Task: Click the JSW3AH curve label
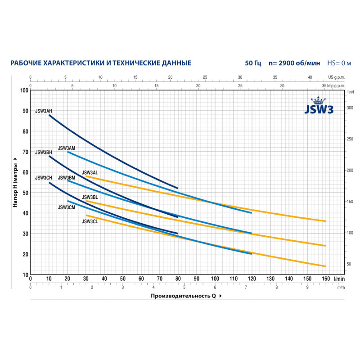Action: coord(43,111)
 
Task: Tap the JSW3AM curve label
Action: coord(67,148)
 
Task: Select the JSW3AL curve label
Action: coord(90,172)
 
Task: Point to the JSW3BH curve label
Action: coord(43,152)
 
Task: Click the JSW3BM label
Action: coord(67,178)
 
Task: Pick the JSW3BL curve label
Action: coord(90,198)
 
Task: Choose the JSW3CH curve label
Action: coord(43,178)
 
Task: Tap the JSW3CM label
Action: coord(67,207)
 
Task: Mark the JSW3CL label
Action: coord(90,221)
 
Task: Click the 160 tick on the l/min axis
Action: coord(325,279)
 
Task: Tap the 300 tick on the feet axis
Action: coord(351,108)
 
